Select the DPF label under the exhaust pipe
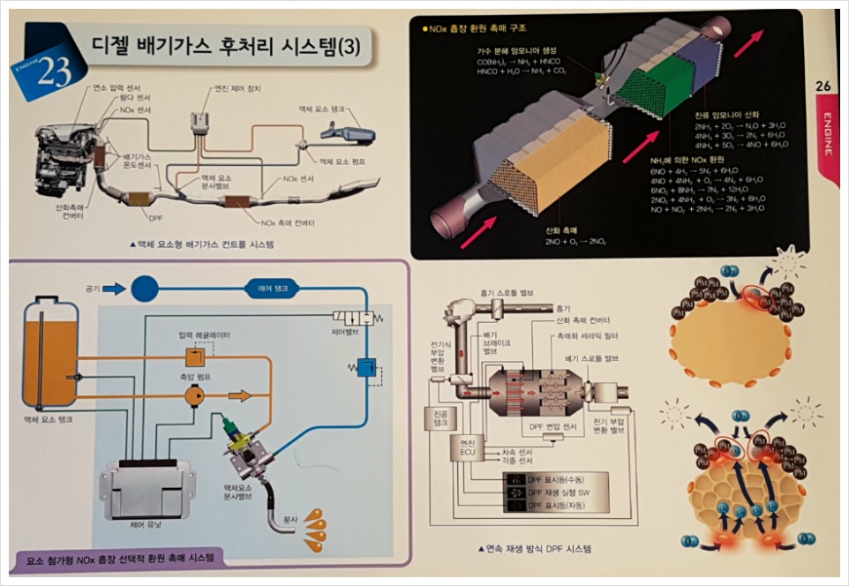[155, 215]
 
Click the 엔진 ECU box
[469, 447]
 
